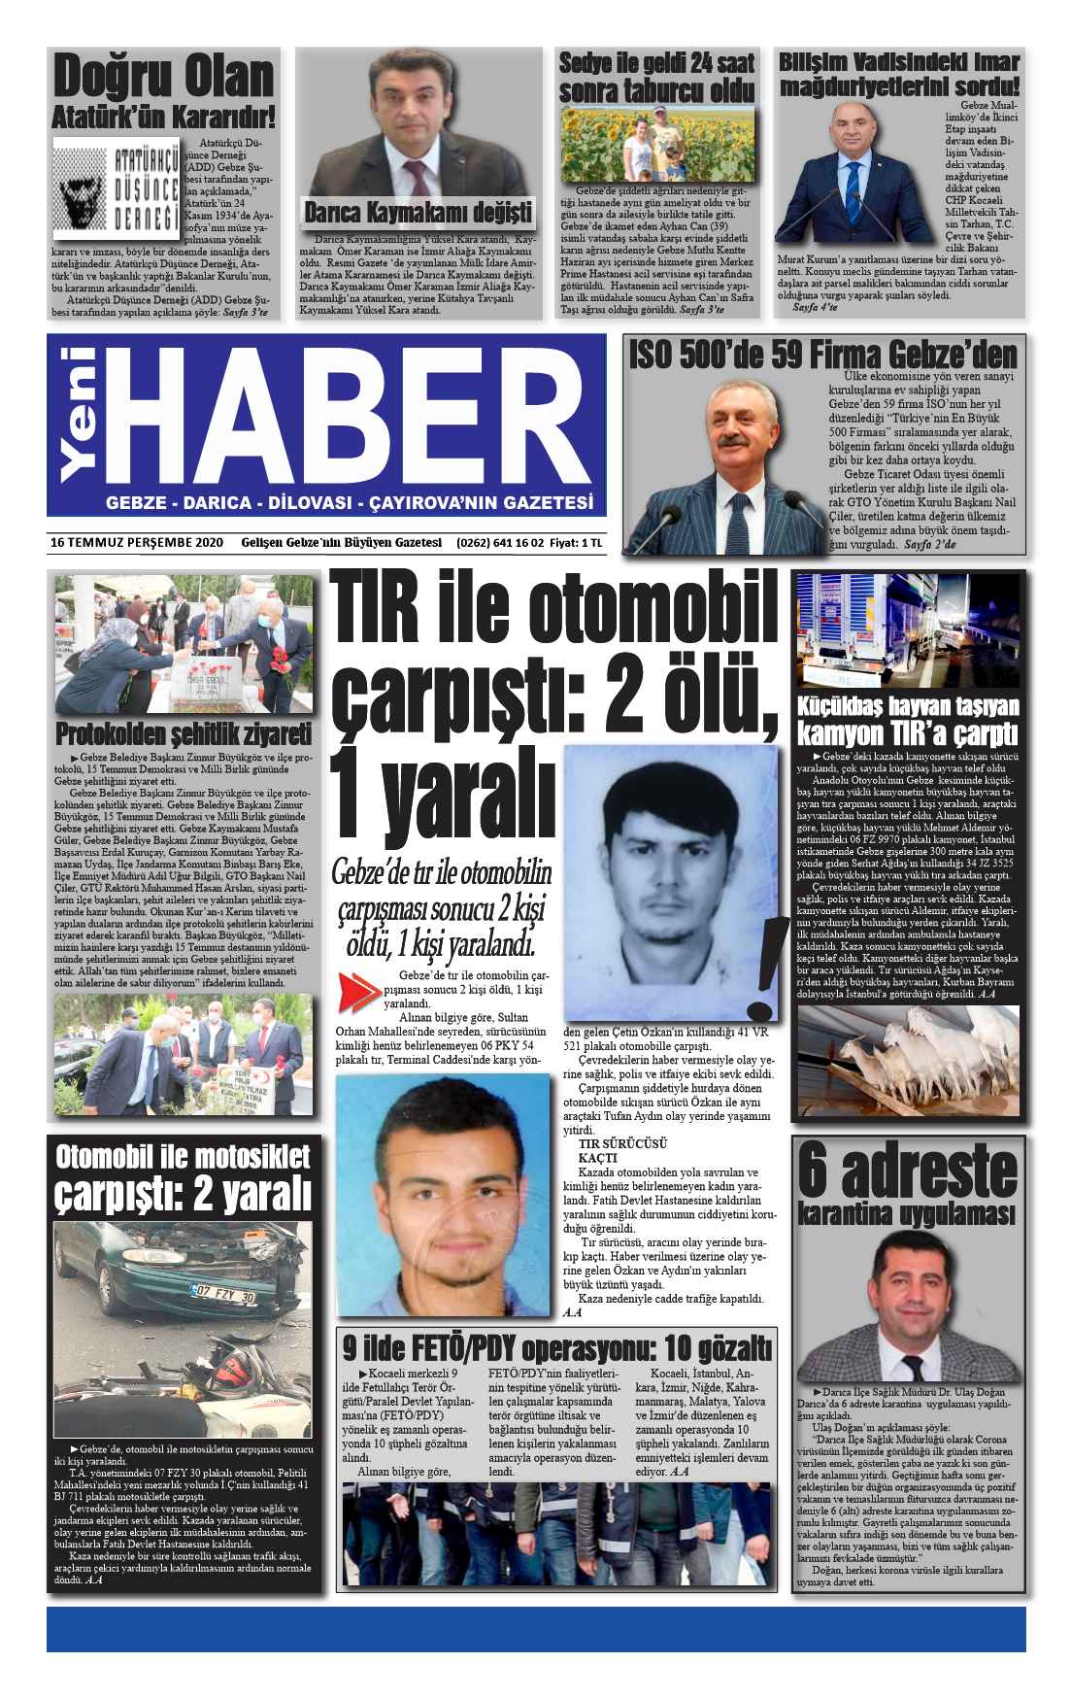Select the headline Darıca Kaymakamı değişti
(x=418, y=212)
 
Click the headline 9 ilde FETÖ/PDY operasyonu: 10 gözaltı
(x=556, y=1347)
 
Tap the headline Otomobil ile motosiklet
(x=184, y=1156)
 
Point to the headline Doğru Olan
(x=163, y=79)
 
